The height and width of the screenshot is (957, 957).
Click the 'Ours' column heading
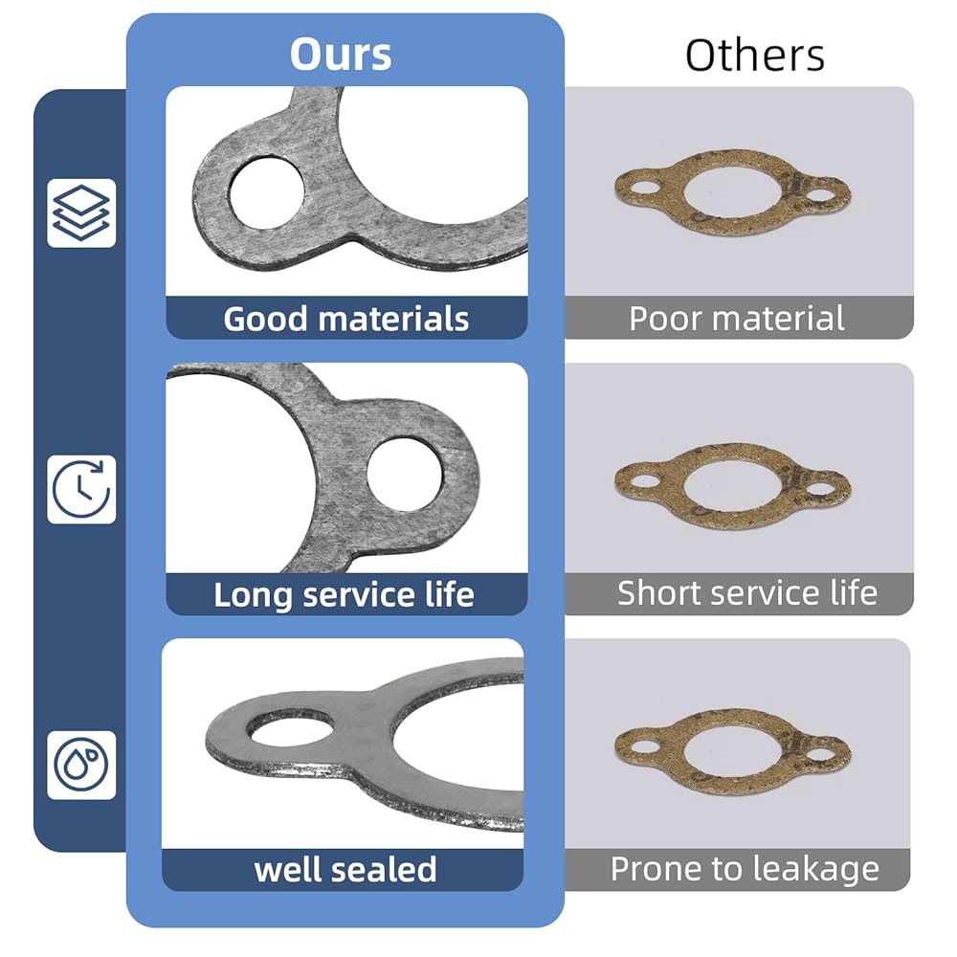(x=341, y=55)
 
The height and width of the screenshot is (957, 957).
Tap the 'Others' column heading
(x=755, y=56)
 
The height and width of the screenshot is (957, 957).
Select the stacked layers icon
(x=81, y=213)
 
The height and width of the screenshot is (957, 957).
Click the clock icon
(x=81, y=489)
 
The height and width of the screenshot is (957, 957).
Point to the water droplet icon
(x=81, y=765)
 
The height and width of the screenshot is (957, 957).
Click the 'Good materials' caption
(x=346, y=319)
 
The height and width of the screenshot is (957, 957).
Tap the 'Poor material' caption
(x=737, y=318)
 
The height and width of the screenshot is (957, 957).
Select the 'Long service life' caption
(x=344, y=594)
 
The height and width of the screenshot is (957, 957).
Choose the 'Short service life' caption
(x=747, y=592)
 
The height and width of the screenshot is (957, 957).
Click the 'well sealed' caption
(x=345, y=869)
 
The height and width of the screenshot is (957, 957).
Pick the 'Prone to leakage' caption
(x=745, y=869)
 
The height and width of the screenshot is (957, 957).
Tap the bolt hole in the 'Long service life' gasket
(x=405, y=474)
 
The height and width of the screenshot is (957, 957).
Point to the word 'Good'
(x=265, y=319)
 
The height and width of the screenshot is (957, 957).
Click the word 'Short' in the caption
(x=659, y=592)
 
